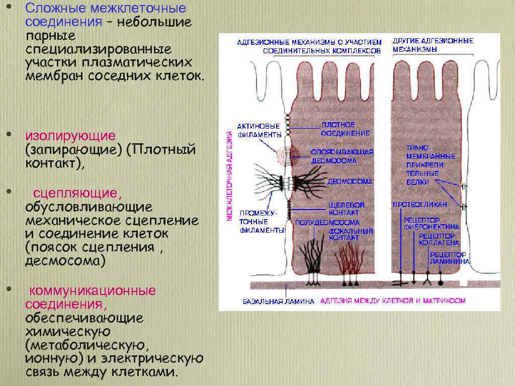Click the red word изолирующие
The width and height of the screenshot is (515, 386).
tap(71, 136)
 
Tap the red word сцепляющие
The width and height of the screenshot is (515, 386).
tap(77, 194)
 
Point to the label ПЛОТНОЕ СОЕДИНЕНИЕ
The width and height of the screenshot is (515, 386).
tap(345, 129)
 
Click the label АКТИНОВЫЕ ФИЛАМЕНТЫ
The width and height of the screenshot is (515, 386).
tap(259, 131)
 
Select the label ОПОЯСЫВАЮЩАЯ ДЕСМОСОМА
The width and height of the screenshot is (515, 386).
tap(342, 156)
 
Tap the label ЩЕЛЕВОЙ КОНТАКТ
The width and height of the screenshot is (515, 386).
tap(346, 209)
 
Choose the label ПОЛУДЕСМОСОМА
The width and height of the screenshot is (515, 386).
tap(327, 222)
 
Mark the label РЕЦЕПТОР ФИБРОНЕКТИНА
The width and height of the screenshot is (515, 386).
tap(430, 224)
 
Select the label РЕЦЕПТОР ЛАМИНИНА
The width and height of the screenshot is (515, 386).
tap(450, 258)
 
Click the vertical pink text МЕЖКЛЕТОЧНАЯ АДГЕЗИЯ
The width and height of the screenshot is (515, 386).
tap(229, 176)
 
